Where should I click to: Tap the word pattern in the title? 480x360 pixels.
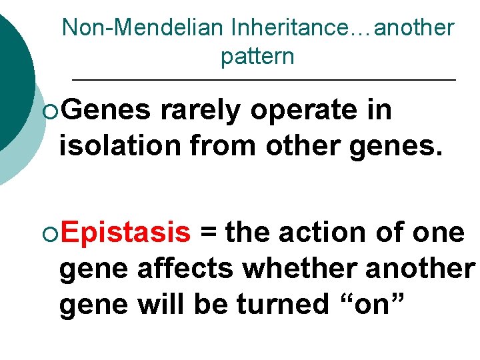point(257,57)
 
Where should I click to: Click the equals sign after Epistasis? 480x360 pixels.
point(209,233)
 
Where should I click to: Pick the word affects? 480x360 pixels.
point(186,268)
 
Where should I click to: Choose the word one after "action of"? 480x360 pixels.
point(438,233)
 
